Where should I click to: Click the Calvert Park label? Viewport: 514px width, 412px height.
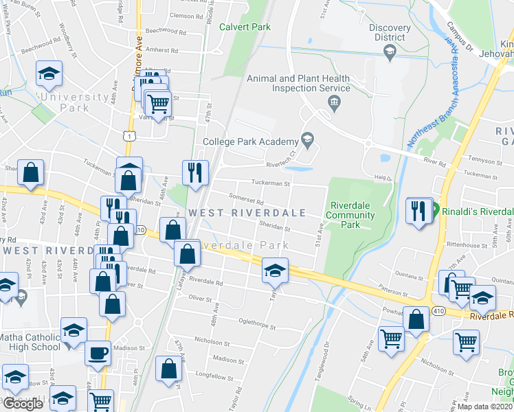tap(245, 27)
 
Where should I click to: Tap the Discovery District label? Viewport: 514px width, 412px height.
tap(390, 32)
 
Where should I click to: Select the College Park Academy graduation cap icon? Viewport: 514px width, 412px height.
tap(307, 139)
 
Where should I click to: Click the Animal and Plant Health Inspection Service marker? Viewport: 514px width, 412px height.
tap(335, 103)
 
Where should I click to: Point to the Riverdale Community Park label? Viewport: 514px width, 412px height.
tap(355, 215)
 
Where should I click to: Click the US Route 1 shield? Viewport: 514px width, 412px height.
tap(128, 137)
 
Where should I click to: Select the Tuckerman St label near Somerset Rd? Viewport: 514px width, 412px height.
tap(271, 183)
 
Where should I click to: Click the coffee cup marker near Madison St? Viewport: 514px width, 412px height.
tap(98, 354)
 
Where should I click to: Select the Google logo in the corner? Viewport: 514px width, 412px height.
tap(23, 404)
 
